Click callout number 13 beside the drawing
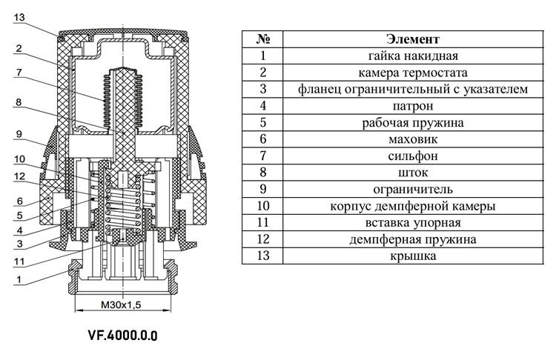tap(19, 17)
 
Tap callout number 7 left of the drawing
tap(19, 73)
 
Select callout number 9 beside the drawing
tap(19, 134)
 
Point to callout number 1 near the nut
tap(19, 279)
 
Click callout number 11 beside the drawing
tap(19, 261)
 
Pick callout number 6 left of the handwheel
tap(19, 201)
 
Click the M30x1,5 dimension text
tap(121, 304)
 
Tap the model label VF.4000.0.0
tap(122, 336)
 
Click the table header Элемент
tap(413, 39)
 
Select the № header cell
tap(262, 39)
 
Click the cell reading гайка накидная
tap(413, 56)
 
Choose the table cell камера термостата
tap(413, 73)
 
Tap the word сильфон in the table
tap(413, 156)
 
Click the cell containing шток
tap(413, 173)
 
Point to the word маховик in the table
tap(413, 139)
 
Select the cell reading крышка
tap(413, 256)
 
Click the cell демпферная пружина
tap(413, 239)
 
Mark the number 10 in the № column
tap(262, 206)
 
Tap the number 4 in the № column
tap(262, 106)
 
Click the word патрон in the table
tap(413, 106)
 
